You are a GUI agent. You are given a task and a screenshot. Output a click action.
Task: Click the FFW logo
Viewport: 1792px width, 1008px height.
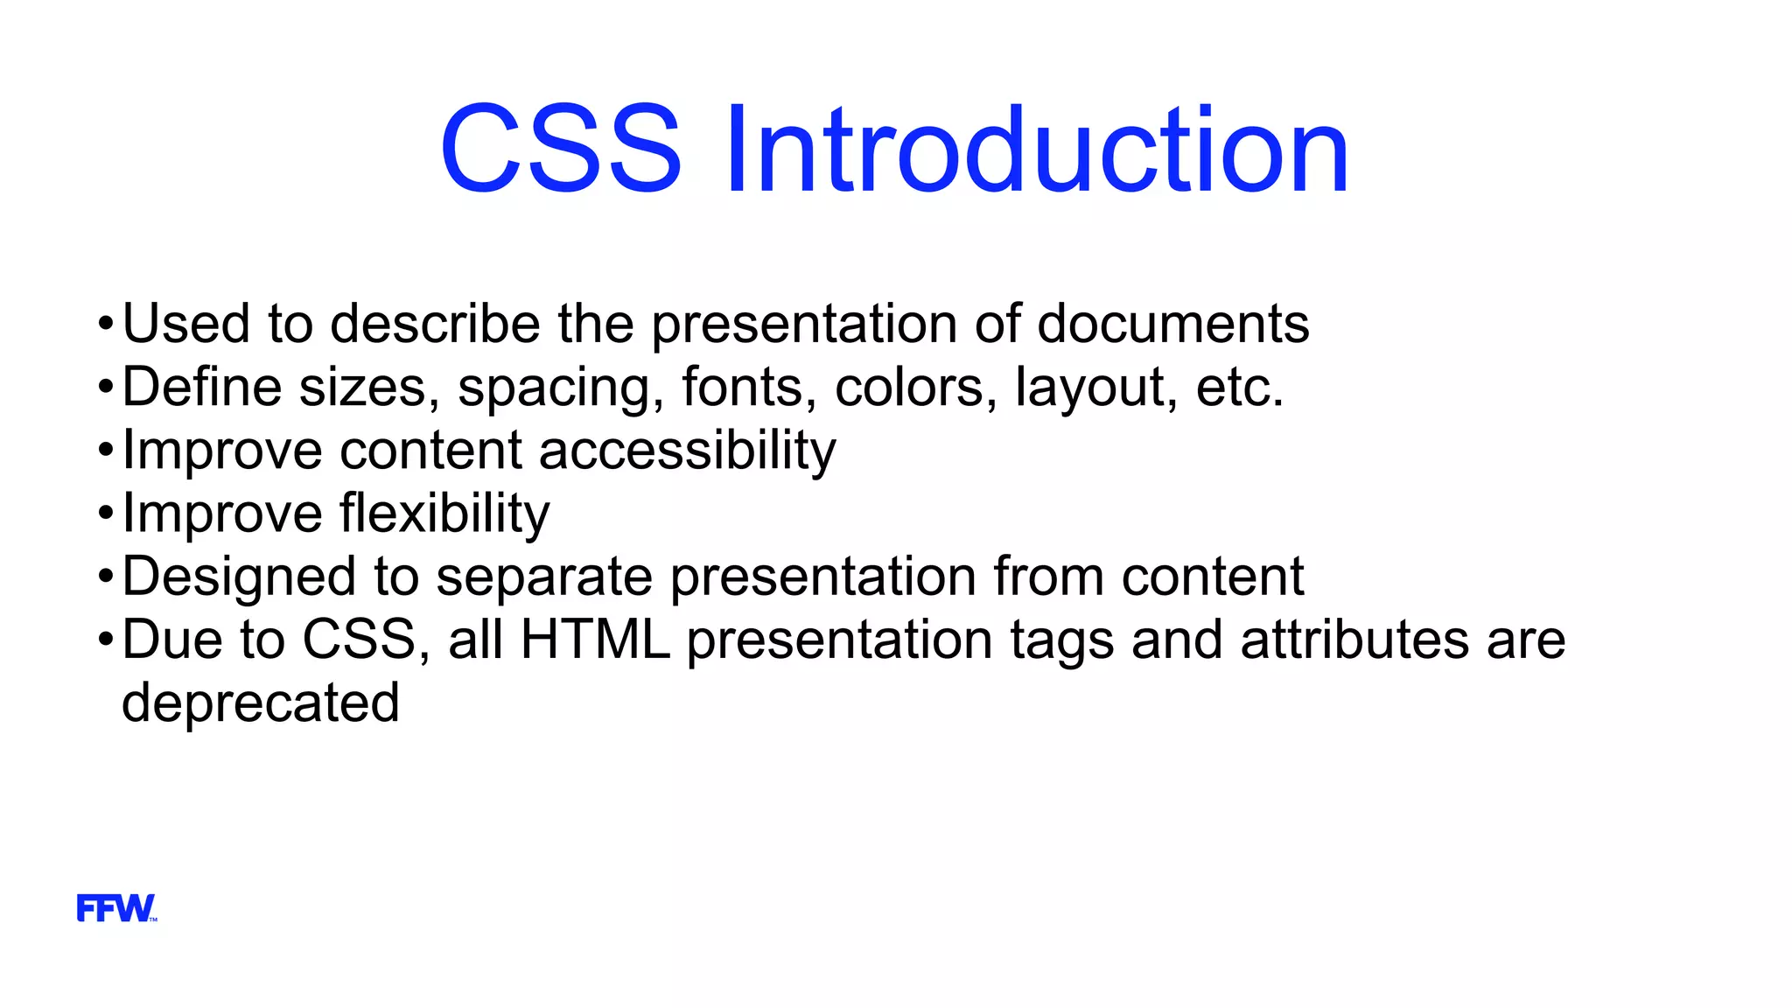(x=115, y=908)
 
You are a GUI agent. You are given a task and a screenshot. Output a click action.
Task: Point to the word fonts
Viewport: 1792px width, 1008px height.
(x=742, y=388)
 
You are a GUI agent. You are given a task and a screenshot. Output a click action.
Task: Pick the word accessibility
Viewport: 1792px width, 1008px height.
(x=687, y=451)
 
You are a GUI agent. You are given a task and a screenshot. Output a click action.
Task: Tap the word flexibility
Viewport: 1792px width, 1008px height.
(x=444, y=514)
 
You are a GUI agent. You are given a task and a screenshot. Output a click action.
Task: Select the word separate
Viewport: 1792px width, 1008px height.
(x=543, y=577)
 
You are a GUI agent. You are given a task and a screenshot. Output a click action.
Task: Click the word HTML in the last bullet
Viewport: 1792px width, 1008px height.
(x=595, y=640)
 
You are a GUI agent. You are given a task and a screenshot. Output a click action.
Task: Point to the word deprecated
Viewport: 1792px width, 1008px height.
(x=260, y=703)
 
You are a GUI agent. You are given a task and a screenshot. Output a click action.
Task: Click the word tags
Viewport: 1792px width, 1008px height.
(x=1061, y=641)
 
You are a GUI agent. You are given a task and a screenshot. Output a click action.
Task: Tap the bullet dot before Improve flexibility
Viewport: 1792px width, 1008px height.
(x=106, y=514)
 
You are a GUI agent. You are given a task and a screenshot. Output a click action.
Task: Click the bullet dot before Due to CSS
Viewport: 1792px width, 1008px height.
(x=106, y=640)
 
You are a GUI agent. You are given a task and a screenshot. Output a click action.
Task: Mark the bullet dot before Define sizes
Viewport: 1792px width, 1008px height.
(x=106, y=388)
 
